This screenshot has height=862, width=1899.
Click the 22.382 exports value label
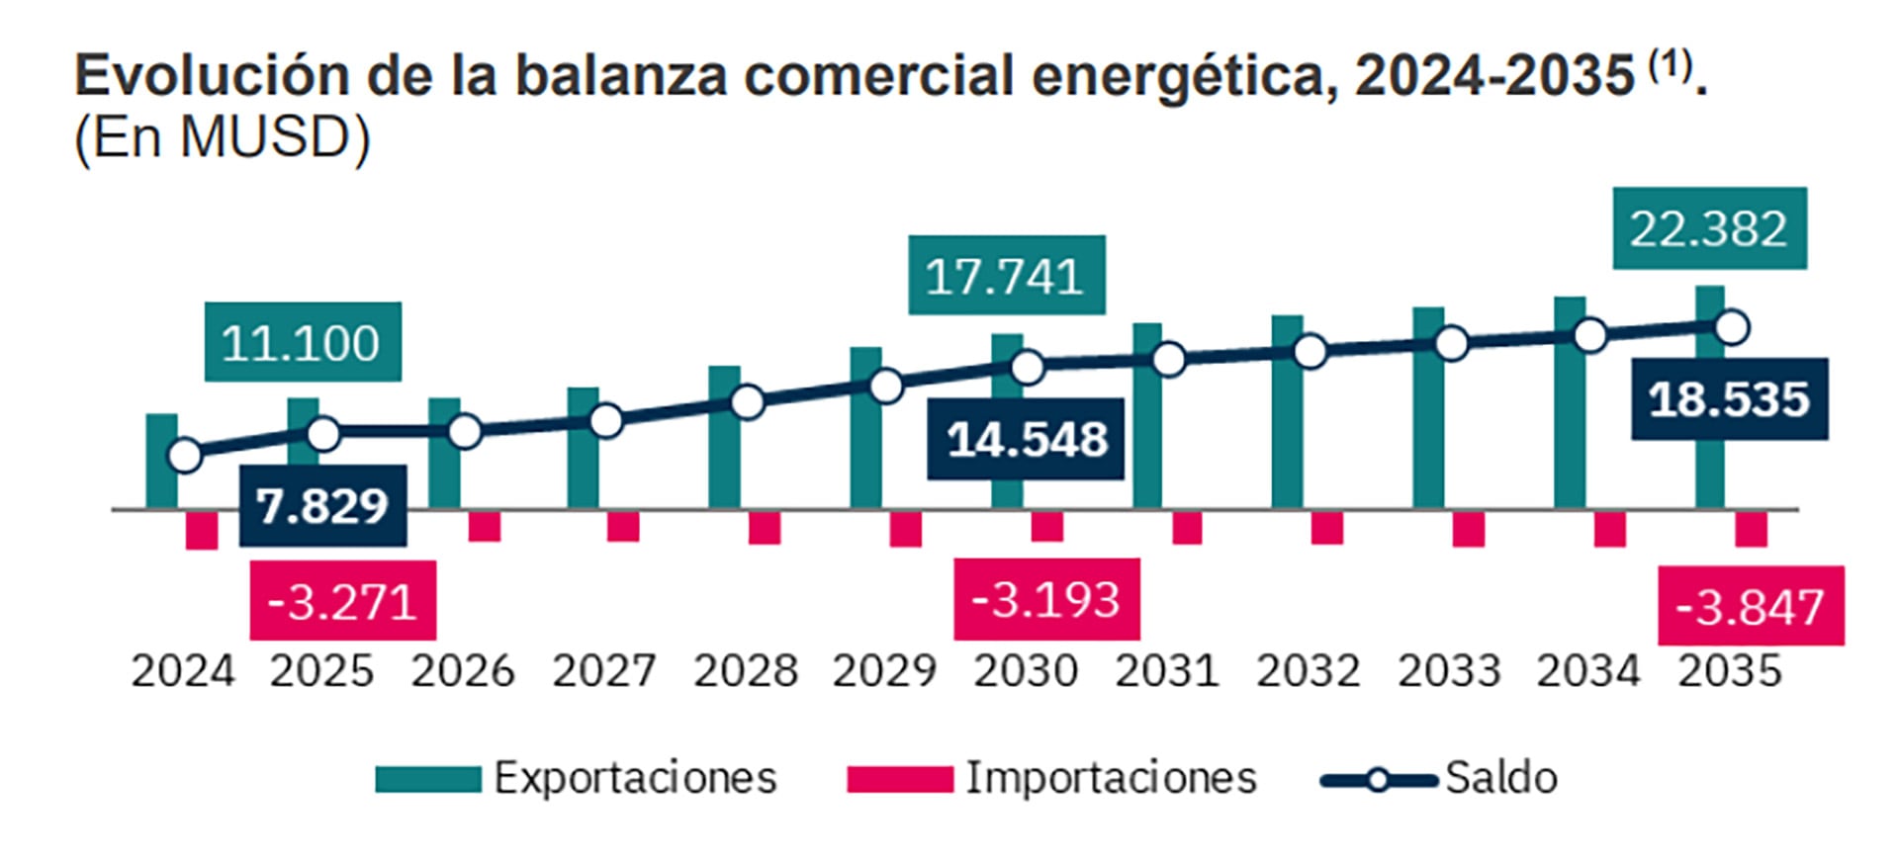(x=1709, y=228)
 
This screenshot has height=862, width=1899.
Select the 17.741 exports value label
(x=1006, y=276)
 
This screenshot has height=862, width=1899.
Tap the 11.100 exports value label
(x=303, y=342)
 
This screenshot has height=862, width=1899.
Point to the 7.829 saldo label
(x=322, y=506)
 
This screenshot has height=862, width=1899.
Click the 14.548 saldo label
(x=1026, y=439)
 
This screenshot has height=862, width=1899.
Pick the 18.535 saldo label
(x=1729, y=399)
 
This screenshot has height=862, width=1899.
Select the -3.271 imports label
(x=342, y=601)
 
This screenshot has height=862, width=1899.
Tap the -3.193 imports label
(x=1046, y=599)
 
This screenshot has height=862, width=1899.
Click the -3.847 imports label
(x=1750, y=606)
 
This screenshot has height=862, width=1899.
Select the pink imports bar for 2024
(x=202, y=530)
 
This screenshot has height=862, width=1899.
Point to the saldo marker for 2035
(x=1732, y=327)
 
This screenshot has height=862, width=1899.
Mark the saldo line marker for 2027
(x=606, y=421)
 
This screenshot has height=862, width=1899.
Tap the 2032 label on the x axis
(x=1308, y=671)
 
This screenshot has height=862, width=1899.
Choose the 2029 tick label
(x=884, y=671)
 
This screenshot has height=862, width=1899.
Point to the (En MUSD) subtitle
(x=223, y=137)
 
